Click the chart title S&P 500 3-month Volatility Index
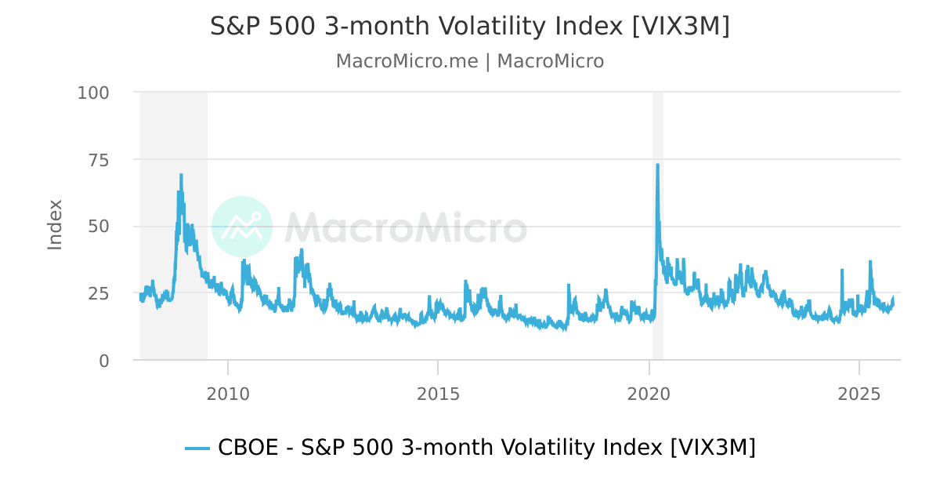tap(469, 26)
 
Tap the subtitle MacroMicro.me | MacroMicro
tap(469, 61)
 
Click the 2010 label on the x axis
tap(228, 392)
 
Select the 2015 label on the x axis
tap(438, 392)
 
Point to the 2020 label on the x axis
tap(649, 392)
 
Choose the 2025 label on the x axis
tap(860, 392)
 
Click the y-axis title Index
tap(55, 225)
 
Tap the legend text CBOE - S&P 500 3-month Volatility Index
tap(486, 448)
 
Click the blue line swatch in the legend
tap(197, 449)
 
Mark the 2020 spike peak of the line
tap(657, 165)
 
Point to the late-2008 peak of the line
tap(181, 176)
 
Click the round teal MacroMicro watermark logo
tap(242, 227)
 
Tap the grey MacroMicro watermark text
tap(405, 227)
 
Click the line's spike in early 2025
tap(869, 262)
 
